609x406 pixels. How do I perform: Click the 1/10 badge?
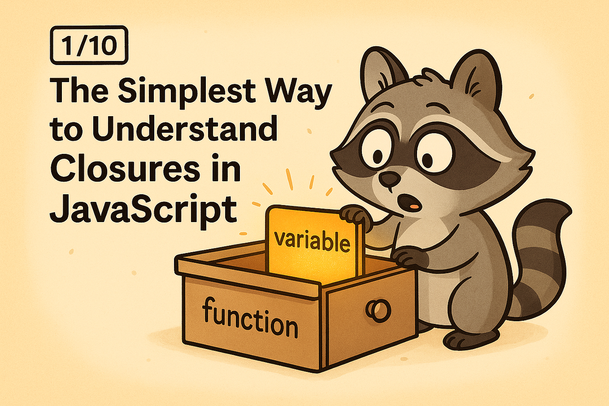point(89,45)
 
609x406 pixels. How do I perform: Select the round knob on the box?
point(378,310)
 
